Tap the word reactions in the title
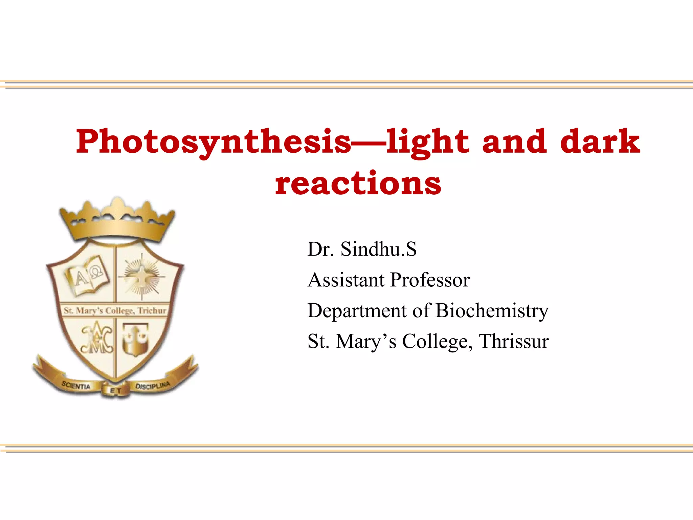[358, 183]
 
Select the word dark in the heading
[600, 142]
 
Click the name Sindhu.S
[378, 249]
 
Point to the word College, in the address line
[437, 341]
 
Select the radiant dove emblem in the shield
[142, 276]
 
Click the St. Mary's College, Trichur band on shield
[115, 310]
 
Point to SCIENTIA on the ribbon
[76, 386]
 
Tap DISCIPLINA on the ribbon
[153, 386]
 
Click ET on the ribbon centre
[115, 391]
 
